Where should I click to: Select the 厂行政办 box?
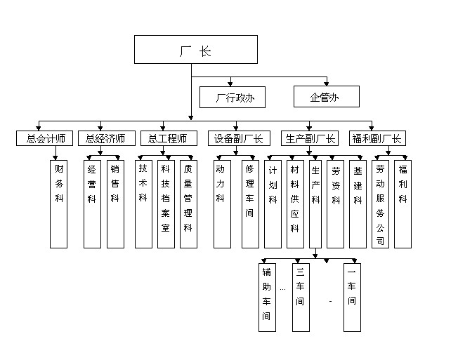click(x=232, y=97)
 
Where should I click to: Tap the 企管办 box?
click(x=326, y=97)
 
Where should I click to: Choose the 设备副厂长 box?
click(x=239, y=138)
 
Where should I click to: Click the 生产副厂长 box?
click(x=309, y=138)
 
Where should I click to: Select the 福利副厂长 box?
click(x=377, y=138)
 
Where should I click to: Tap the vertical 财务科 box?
click(x=59, y=204)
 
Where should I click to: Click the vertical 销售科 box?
click(x=115, y=204)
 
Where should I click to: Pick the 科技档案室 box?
click(x=166, y=204)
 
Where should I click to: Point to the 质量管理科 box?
click(x=188, y=204)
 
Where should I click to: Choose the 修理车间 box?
click(x=250, y=204)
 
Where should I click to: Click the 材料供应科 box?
click(x=295, y=204)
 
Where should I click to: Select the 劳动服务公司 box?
click(x=380, y=204)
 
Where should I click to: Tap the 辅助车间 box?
click(x=267, y=295)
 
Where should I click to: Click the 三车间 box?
click(x=300, y=295)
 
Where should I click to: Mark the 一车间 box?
click(x=352, y=295)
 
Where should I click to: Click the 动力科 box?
click(x=222, y=204)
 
